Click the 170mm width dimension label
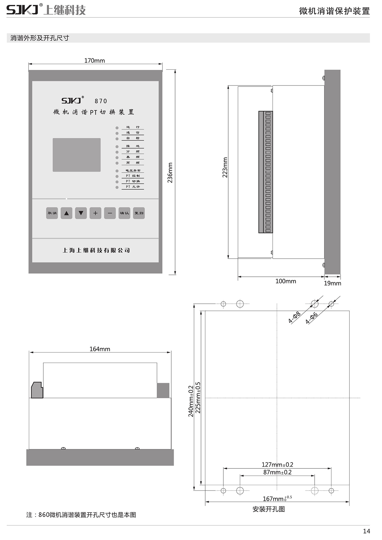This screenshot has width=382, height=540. click(x=95, y=61)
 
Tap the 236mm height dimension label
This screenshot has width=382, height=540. click(x=170, y=173)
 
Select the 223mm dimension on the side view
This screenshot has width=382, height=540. click(x=225, y=167)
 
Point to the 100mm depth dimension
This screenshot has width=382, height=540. click(x=286, y=281)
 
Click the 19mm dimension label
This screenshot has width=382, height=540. click(x=332, y=283)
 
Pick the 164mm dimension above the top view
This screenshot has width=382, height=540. click(x=100, y=349)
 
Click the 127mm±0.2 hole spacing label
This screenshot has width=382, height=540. click(x=277, y=465)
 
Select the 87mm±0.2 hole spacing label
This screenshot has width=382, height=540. click(x=277, y=472)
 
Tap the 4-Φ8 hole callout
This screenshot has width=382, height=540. click(x=294, y=317)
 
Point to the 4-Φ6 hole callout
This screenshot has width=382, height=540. click(x=311, y=318)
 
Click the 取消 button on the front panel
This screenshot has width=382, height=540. click(x=52, y=213)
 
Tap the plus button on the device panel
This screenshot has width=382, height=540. click(x=95, y=213)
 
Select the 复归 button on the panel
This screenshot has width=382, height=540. click(x=139, y=213)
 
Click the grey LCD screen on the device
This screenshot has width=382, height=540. click(x=77, y=155)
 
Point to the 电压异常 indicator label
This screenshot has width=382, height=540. click(x=133, y=170)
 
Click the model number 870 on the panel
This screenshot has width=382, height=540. click(x=101, y=101)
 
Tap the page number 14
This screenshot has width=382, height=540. click(x=366, y=531)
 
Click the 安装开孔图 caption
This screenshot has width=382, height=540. click(x=269, y=509)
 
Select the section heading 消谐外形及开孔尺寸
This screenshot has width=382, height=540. click(x=40, y=38)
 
